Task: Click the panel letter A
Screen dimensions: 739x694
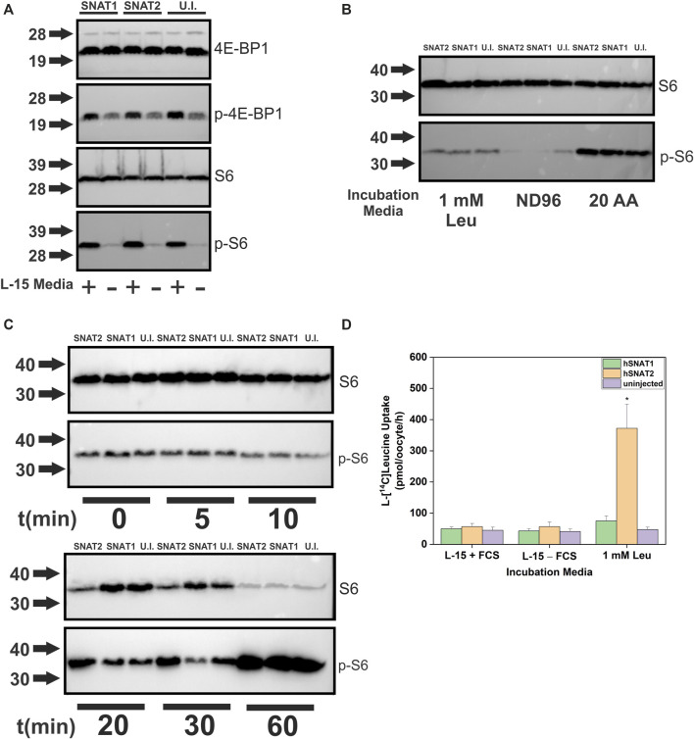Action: click(9, 9)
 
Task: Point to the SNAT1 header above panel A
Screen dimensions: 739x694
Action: click(96, 8)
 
